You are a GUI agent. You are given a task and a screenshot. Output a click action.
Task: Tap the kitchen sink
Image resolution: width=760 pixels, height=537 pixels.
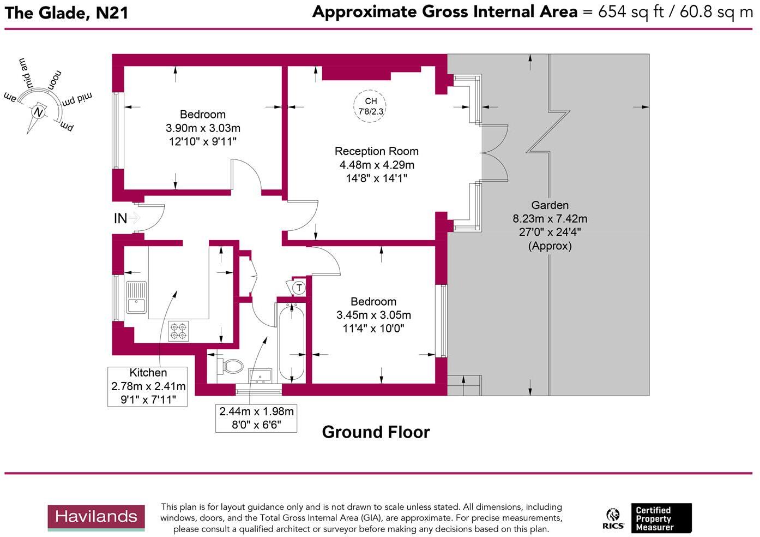(136, 297)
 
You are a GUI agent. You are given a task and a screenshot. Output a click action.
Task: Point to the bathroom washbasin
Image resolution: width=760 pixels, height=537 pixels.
(261, 375)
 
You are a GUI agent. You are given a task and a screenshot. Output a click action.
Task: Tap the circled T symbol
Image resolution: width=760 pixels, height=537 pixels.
(299, 287)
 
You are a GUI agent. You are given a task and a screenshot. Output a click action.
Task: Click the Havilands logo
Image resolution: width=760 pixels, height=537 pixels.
(96, 517)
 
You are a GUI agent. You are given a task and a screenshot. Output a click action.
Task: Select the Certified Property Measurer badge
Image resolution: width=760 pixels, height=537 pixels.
(661, 518)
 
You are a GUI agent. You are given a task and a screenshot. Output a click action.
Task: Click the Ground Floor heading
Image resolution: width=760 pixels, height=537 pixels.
(376, 432)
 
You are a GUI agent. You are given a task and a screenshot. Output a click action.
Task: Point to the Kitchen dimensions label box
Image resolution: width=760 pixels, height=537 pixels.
(148, 386)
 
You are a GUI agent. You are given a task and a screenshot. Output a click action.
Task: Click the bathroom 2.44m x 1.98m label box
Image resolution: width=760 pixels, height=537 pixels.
(256, 418)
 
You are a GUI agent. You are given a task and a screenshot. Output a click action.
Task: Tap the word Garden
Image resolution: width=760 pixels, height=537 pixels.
(550, 205)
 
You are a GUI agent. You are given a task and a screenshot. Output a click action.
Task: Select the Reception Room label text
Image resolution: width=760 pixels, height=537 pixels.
(376, 151)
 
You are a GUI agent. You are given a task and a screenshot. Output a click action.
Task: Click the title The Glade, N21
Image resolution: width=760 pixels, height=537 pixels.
(67, 13)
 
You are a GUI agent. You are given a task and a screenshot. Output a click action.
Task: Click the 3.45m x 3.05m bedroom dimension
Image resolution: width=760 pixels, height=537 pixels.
(373, 315)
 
